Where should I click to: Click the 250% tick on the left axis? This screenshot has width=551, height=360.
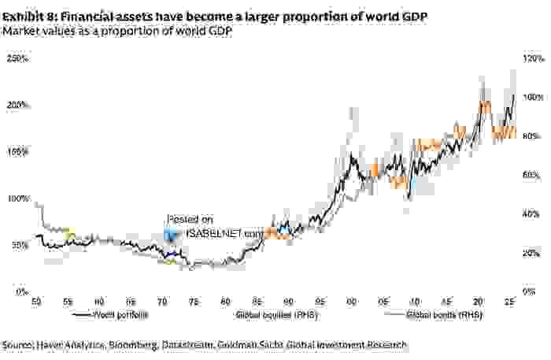coord(17,58)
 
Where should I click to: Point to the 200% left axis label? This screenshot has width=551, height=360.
coord(17,105)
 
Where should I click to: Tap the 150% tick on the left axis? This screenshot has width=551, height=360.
coord(17,151)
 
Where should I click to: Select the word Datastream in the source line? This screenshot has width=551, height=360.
coord(186,345)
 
